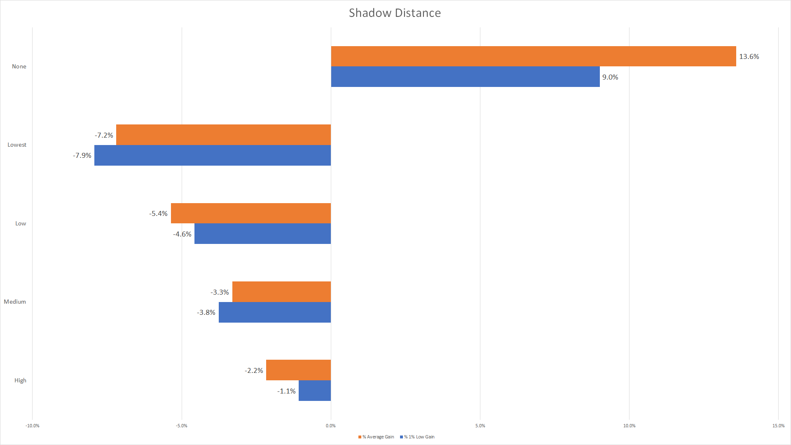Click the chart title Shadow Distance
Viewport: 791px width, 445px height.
point(395,13)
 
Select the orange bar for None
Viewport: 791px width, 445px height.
point(533,56)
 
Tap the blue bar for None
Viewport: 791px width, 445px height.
point(465,77)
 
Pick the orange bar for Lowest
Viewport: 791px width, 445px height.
point(223,135)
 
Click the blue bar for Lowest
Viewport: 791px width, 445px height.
point(212,155)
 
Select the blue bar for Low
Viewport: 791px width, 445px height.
point(262,234)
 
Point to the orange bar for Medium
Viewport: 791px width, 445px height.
point(281,292)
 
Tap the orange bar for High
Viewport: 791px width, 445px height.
point(298,370)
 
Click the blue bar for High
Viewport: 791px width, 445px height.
point(315,391)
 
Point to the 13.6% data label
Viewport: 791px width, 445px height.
point(749,57)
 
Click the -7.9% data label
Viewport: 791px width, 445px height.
point(82,156)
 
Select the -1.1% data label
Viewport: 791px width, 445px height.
point(286,391)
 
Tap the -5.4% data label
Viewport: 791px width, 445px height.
point(158,214)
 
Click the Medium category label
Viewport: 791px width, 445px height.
point(15,302)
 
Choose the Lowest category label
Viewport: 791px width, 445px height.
point(17,145)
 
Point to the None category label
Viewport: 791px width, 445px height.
point(19,67)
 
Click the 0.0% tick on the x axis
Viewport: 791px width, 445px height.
point(331,426)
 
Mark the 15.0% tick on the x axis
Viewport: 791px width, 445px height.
point(778,426)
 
